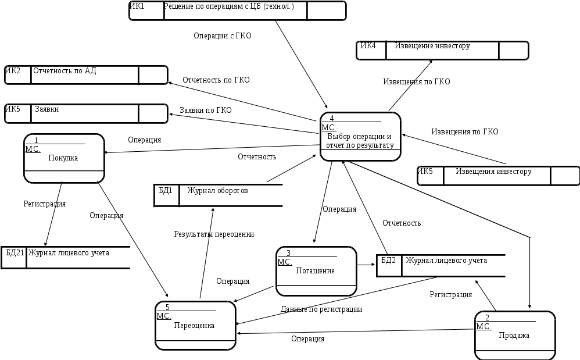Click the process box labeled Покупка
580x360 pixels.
point(64,158)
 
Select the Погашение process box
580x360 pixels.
point(316,271)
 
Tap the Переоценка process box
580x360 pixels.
point(195,326)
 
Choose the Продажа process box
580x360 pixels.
point(514,336)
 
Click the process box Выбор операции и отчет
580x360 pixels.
point(360,137)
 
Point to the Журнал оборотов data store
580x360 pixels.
point(218,195)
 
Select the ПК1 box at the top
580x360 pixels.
point(237,10)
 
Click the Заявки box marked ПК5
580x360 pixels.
point(85,113)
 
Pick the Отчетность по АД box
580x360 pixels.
point(85,75)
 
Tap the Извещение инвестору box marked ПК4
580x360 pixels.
point(442,51)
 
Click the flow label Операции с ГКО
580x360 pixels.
point(223,36)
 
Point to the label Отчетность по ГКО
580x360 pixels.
point(216,80)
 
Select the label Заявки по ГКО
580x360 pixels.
point(206,110)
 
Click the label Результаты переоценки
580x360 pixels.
point(214,234)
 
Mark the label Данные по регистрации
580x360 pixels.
point(321,309)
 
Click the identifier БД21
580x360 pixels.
point(15,253)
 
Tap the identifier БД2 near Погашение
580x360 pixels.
point(388,261)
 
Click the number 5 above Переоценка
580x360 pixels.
point(167,307)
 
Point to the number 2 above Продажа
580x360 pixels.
point(487,318)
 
